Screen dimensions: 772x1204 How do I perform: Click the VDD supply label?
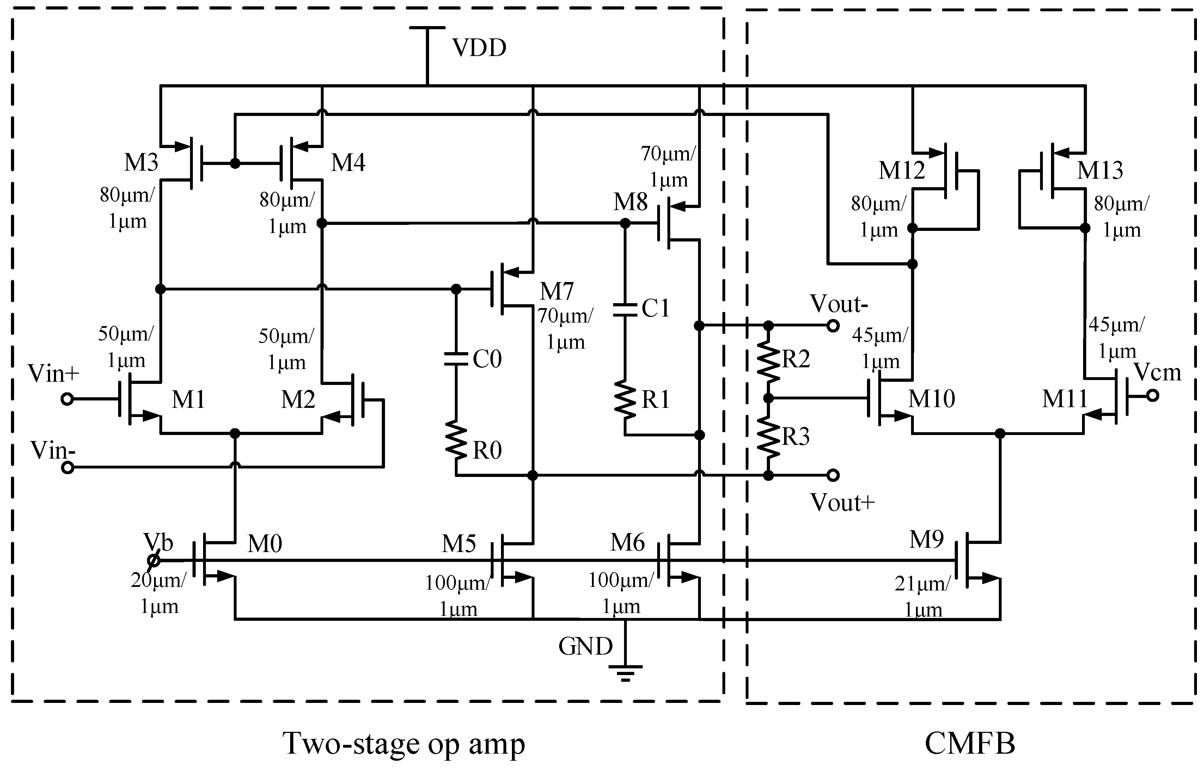click(479, 48)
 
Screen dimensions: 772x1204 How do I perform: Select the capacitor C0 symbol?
click(456, 359)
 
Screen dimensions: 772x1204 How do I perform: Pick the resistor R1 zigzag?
click(625, 399)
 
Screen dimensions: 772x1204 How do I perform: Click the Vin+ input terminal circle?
click(67, 399)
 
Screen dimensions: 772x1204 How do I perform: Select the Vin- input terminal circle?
click(67, 468)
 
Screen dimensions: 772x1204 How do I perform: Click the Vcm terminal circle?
click(1153, 396)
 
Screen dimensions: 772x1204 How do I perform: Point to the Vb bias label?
click(158, 543)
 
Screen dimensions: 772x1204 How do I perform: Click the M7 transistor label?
click(556, 291)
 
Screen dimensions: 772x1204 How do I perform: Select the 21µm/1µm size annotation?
click(922, 596)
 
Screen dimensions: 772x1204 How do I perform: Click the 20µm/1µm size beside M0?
click(158, 593)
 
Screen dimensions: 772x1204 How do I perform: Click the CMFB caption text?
click(970, 743)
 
